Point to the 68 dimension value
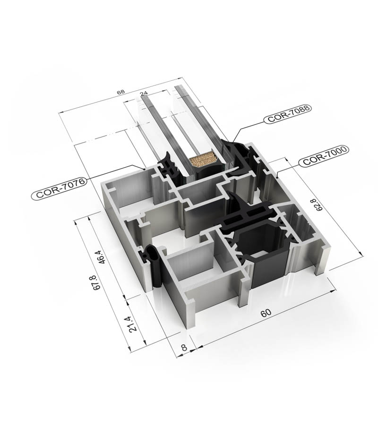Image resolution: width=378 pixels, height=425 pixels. click(121, 92)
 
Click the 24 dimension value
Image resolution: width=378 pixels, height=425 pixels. click(145, 93)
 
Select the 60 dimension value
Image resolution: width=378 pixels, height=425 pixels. click(266, 313)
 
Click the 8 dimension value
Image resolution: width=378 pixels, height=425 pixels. click(184, 348)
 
